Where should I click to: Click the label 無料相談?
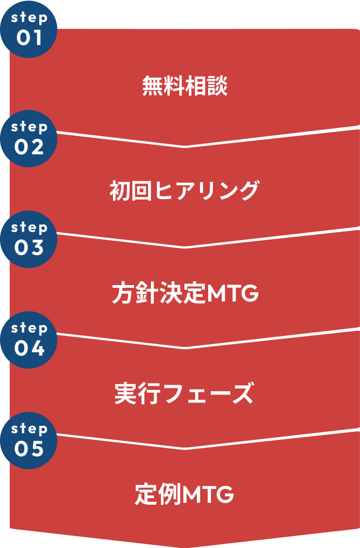(x=185, y=86)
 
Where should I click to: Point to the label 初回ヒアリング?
(x=185, y=190)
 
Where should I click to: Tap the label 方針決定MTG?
(x=185, y=294)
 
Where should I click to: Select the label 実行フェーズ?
(x=184, y=393)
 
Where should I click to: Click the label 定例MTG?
(x=184, y=494)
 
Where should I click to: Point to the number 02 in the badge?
(x=29, y=146)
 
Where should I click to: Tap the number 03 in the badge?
(x=29, y=247)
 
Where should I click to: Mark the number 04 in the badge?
(x=29, y=348)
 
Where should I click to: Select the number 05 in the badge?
(x=29, y=448)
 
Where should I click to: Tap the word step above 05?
(x=29, y=428)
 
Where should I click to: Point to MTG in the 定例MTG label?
(x=208, y=495)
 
